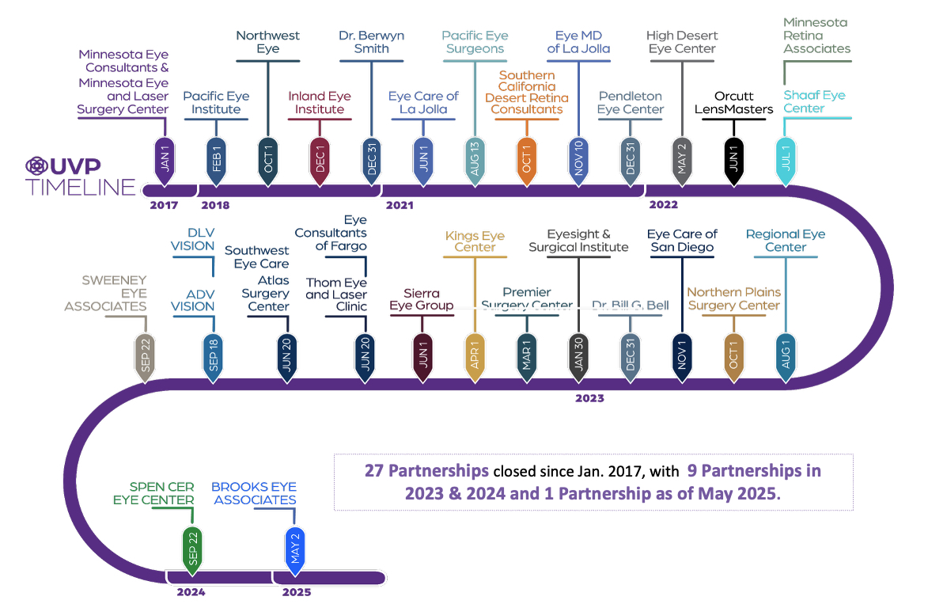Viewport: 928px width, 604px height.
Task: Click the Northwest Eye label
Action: [268, 42]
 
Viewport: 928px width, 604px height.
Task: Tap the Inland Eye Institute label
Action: [320, 103]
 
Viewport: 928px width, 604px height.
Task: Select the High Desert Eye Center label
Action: [681, 42]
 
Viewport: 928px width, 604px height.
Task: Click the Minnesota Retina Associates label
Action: [816, 36]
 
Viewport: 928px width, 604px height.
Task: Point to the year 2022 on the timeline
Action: [663, 205]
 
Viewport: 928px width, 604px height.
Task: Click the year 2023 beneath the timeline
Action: [589, 398]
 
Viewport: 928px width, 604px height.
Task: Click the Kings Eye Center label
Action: [475, 241]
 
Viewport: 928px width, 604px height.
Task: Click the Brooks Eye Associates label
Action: [255, 493]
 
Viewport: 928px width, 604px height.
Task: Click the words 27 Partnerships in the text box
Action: [426, 470]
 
